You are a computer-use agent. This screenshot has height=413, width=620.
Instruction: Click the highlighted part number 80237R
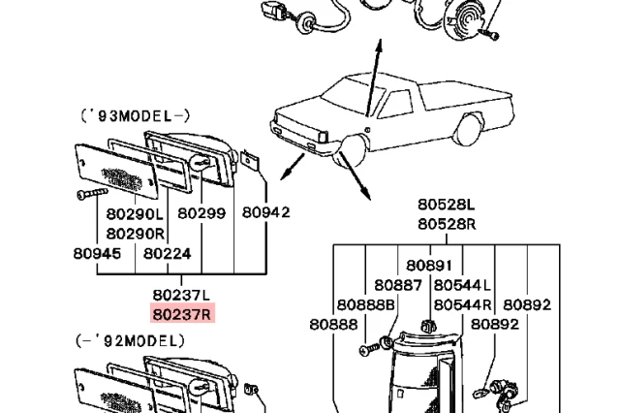point(181,313)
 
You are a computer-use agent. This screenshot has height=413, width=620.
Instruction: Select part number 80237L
point(181,294)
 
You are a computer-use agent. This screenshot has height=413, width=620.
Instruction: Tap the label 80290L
point(135,212)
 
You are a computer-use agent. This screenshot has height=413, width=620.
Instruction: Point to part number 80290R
point(135,233)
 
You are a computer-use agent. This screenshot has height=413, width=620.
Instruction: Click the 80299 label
point(201,212)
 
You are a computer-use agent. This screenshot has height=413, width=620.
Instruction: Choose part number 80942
point(265,212)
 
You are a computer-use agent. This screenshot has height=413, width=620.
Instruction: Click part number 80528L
point(447,205)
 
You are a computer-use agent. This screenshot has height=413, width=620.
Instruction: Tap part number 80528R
point(447,224)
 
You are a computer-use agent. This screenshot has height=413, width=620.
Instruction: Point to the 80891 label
point(429,265)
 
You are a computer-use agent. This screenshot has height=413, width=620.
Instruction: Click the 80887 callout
point(398,285)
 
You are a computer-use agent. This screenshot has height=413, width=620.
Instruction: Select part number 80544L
point(462,285)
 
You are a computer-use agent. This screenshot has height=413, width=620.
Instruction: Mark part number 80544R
point(462,304)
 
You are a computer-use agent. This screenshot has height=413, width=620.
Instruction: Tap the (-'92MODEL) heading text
point(130,341)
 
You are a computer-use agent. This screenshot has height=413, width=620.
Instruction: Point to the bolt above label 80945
point(86,194)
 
